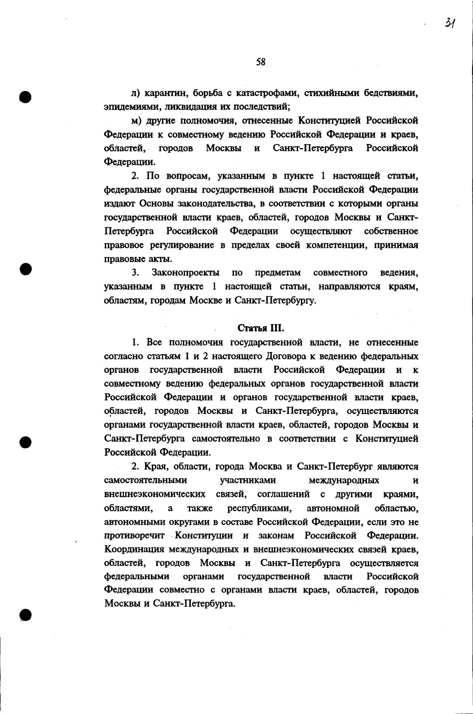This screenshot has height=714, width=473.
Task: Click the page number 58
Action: (261, 62)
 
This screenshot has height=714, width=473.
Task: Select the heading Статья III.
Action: (261, 328)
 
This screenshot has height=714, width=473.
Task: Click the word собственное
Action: (392, 231)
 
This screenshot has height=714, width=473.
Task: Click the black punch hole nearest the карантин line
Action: (25, 98)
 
